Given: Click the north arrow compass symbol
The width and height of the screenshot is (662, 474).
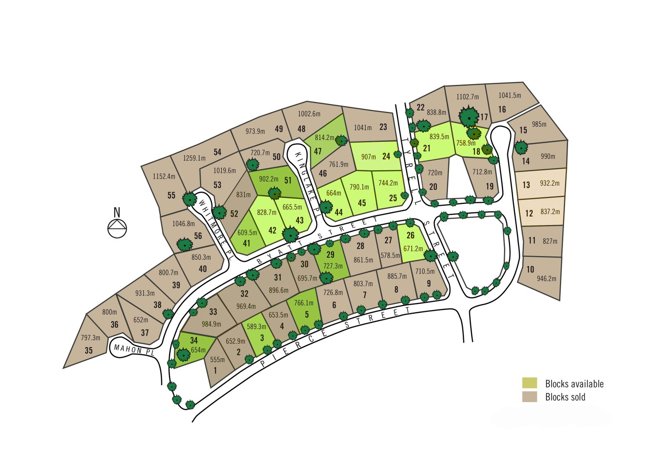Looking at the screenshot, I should click(117, 228).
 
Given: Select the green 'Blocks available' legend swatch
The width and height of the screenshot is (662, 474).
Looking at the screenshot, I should click(530, 383).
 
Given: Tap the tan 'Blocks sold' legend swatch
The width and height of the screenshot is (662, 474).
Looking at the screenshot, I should click(530, 397).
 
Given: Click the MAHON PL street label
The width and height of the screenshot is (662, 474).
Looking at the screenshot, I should click(134, 350).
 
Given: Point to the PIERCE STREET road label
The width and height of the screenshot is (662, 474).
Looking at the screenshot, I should click(335, 339).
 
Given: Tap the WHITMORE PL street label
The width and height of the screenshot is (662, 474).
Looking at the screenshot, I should click(217, 229).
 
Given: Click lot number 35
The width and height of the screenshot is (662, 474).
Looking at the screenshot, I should click(89, 350).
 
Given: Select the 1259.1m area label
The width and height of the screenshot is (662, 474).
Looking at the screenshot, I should click(194, 158).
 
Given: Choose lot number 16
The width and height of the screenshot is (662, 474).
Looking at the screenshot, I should click(502, 110).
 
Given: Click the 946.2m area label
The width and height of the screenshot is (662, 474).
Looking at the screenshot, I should click(547, 279).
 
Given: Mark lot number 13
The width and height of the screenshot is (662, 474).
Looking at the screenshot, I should click(526, 184).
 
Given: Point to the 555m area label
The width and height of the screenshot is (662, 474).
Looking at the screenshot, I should click(217, 359).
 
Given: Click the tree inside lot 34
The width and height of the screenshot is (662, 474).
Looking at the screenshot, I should click(183, 354).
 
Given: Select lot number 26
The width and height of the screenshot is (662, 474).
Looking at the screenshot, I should click(410, 235).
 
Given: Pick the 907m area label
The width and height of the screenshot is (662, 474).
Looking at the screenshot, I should click(368, 157).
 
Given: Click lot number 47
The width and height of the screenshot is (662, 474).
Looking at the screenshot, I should click(318, 151).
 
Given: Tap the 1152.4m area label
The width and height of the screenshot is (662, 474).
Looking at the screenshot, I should click(164, 177).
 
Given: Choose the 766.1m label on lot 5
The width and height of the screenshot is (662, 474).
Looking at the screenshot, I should click(304, 303).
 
